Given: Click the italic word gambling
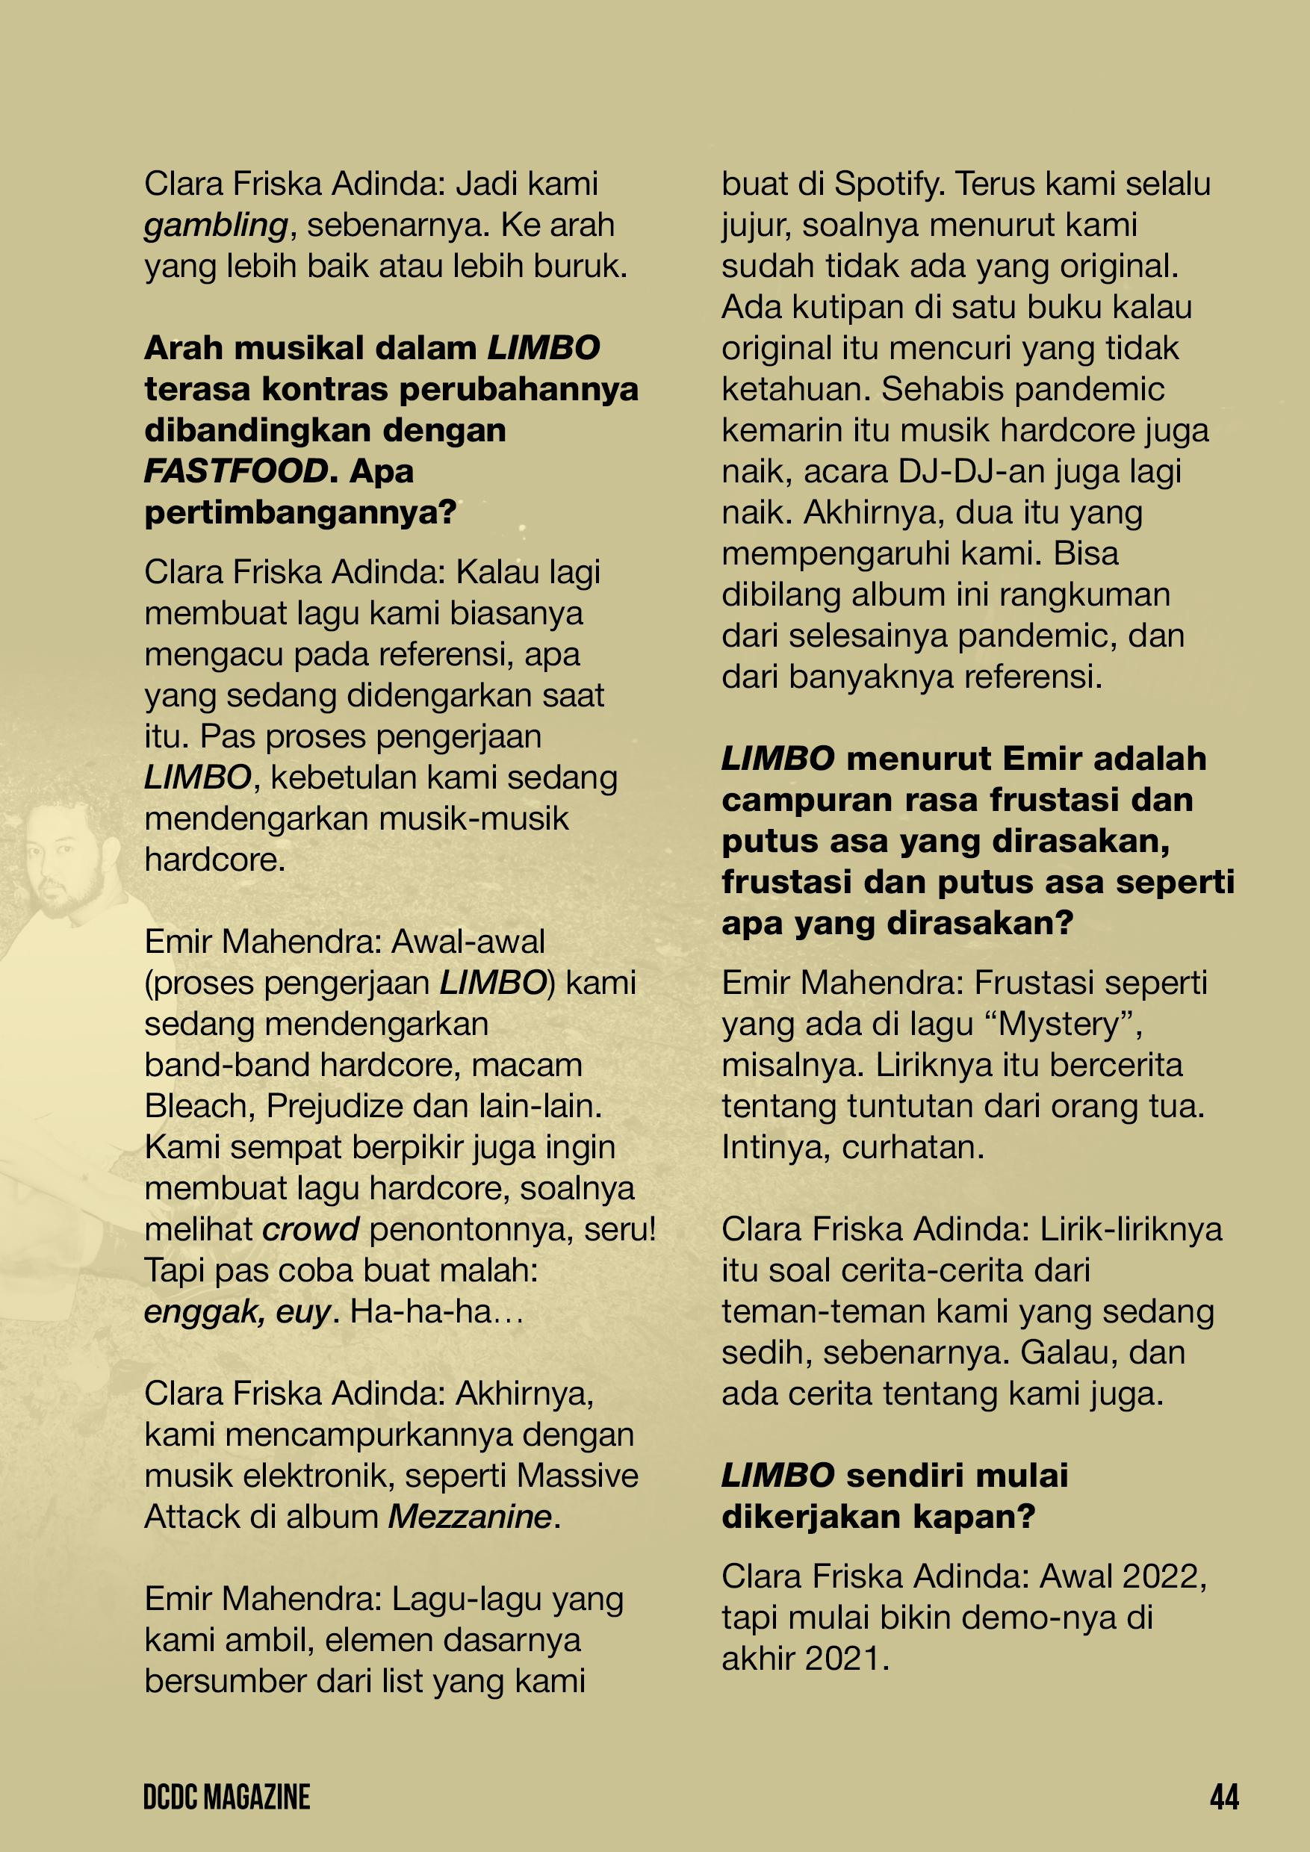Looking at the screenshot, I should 215,226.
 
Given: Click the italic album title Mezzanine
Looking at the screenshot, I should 470,1517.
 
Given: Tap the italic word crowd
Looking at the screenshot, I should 311,1229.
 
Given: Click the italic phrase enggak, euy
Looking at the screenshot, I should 236,1312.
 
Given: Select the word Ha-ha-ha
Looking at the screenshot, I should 427,1312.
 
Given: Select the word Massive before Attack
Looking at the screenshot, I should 577,1476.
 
